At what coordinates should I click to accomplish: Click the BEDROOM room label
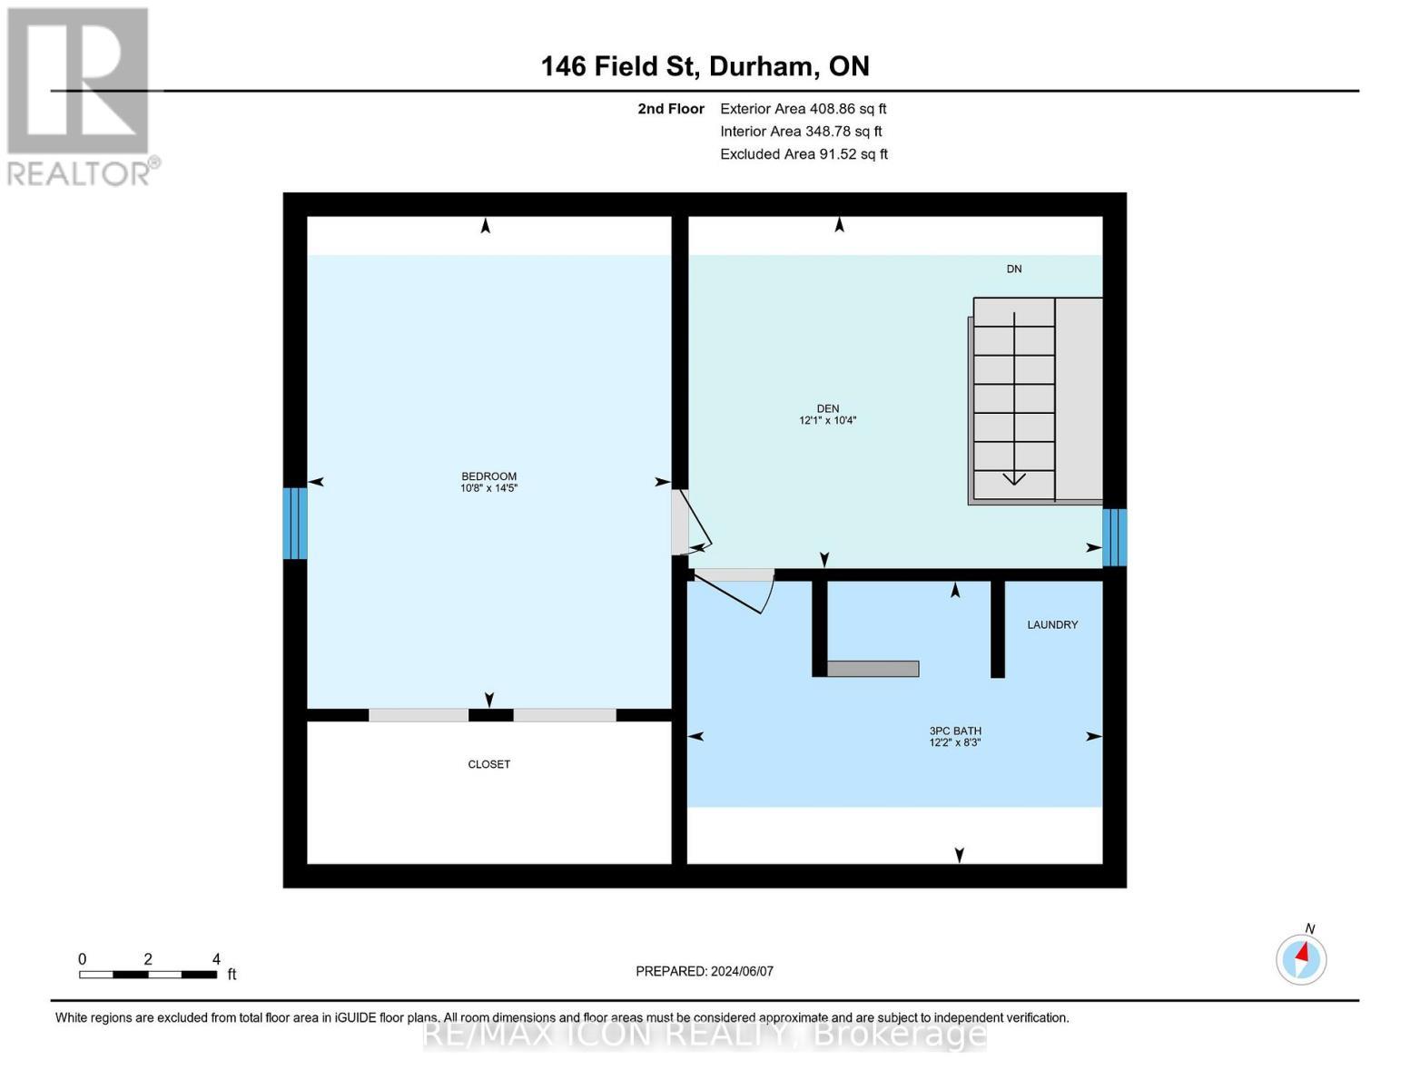coord(488,476)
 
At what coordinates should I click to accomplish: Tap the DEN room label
coord(827,408)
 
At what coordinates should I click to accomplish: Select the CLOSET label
coord(488,764)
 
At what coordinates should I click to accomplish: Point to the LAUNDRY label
coord(1051,624)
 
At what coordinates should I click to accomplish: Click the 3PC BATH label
coord(954,731)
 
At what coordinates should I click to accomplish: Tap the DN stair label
coord(1013,269)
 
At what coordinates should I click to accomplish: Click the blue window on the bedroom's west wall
coord(294,523)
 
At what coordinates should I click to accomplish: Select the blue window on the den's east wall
coord(1114,537)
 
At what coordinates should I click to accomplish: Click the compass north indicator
coord(1301,959)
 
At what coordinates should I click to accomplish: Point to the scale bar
coord(148,974)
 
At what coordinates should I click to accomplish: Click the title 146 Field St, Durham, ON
coord(705,66)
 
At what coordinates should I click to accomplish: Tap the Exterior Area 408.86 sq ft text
coord(803,109)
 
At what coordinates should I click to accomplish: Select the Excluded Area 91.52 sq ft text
coord(804,154)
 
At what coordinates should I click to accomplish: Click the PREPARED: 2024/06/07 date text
coord(704,971)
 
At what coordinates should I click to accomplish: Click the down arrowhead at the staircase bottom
coord(1013,478)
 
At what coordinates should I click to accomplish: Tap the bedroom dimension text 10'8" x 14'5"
coord(488,487)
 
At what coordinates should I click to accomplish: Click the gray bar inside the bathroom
coord(873,669)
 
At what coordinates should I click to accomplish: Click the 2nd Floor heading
coord(670,109)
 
